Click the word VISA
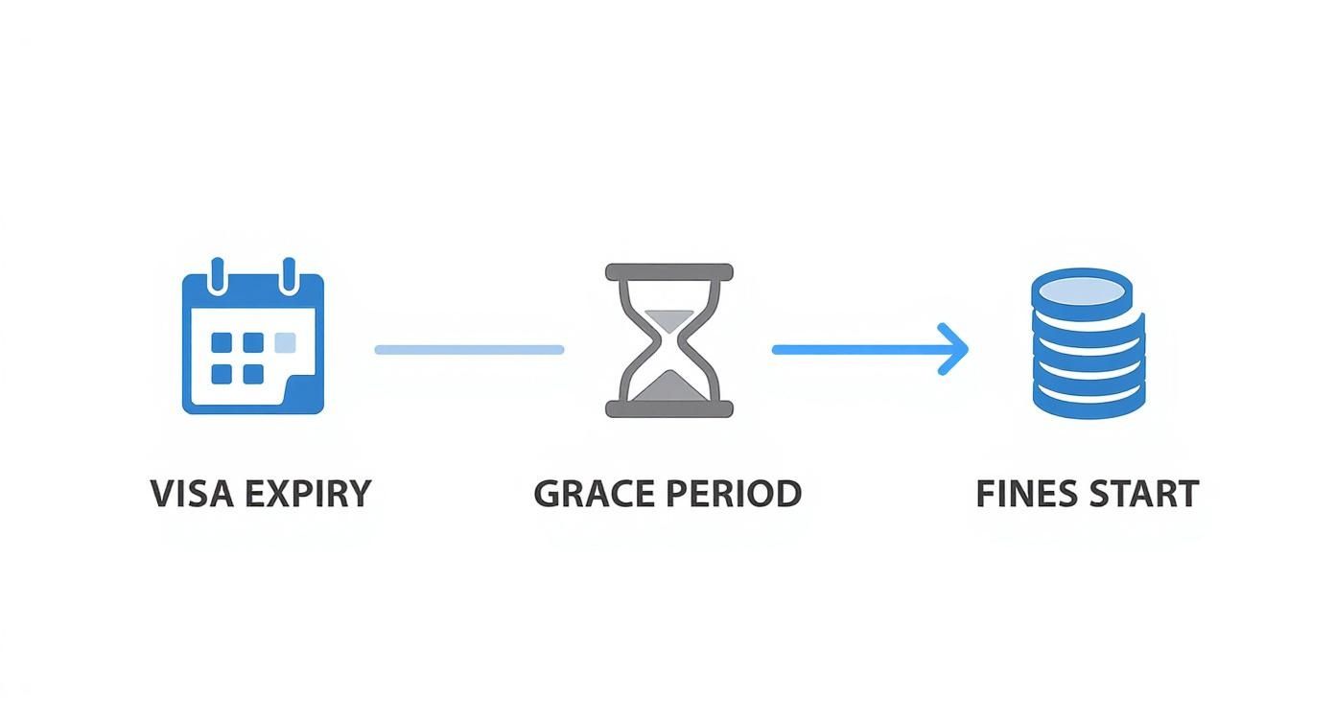(191, 494)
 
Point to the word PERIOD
(736, 494)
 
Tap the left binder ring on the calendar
(218, 274)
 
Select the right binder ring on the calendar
(288, 274)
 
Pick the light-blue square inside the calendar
(285, 343)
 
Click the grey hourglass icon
(669, 340)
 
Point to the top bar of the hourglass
(669, 272)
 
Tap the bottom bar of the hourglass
(669, 409)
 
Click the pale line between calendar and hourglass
(469, 350)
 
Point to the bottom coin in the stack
(1088, 403)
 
